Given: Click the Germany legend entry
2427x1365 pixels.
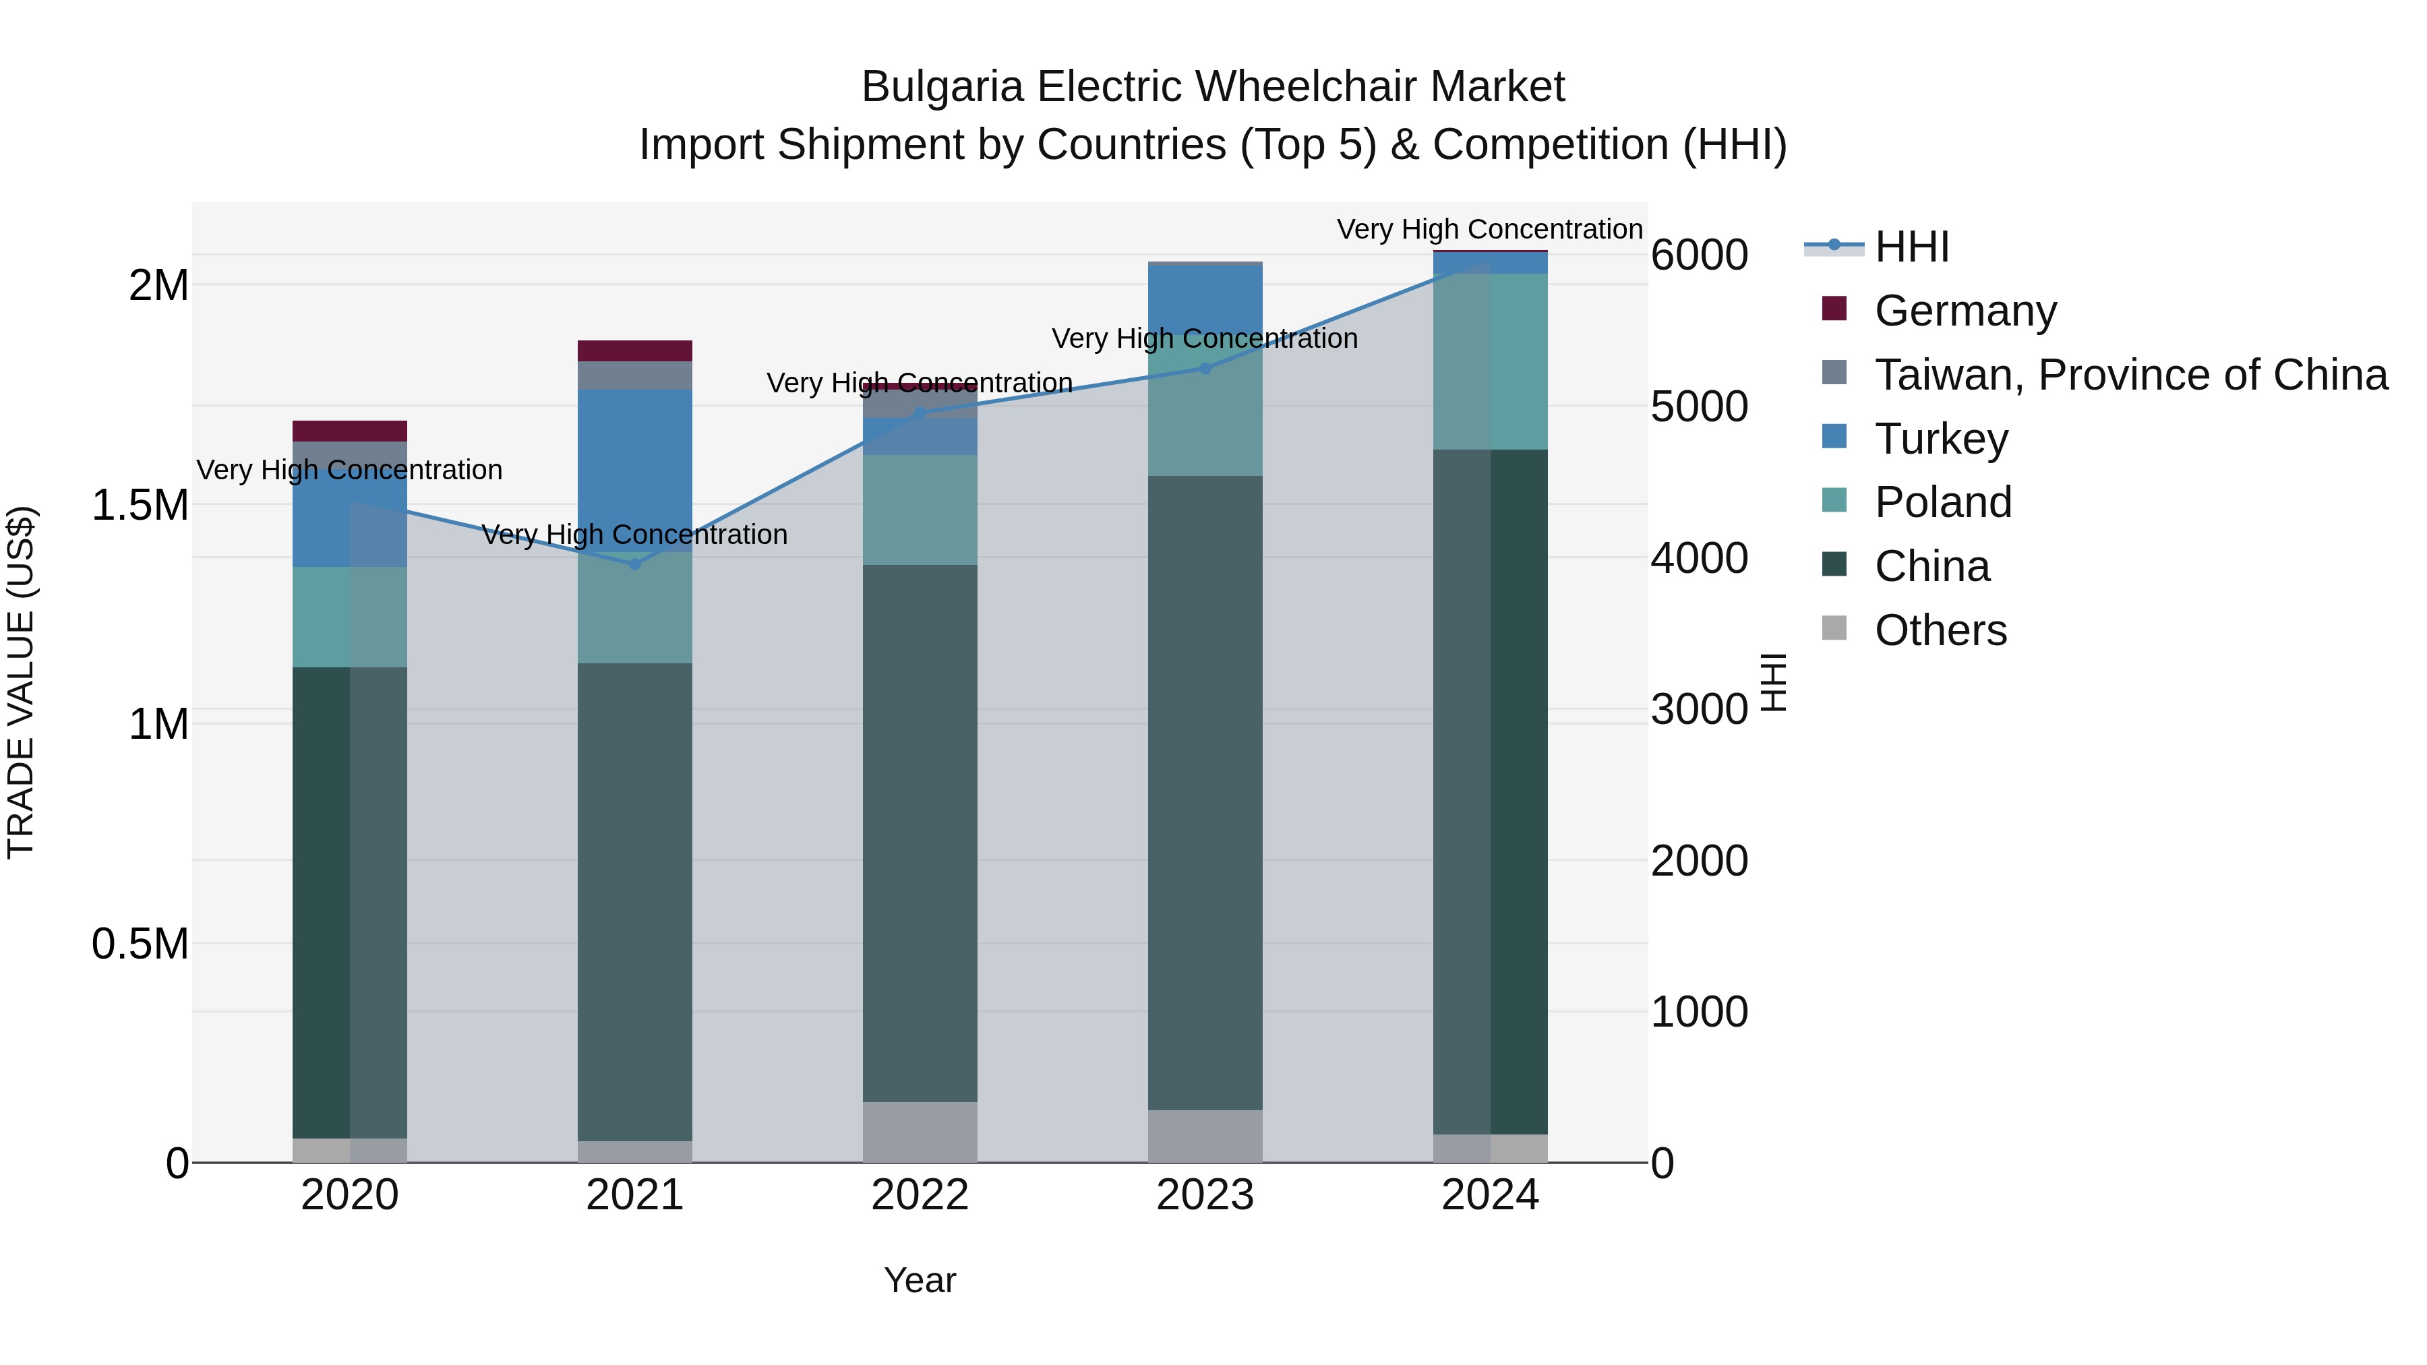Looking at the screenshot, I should tap(1965, 311).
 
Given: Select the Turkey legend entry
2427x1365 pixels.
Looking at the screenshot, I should tap(1941, 439).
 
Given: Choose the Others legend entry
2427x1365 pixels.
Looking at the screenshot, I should tap(1940, 630).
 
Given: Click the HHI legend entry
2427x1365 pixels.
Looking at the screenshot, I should tap(1911, 247).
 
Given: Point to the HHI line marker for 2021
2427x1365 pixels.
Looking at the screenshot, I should tap(635, 564).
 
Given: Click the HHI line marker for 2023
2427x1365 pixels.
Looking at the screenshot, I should tap(1205, 368).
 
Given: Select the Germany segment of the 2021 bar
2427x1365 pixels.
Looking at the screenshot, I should tap(635, 351).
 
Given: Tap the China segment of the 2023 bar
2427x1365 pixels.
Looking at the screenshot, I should tap(1205, 791).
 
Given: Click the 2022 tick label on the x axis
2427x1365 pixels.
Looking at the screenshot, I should tap(920, 1195).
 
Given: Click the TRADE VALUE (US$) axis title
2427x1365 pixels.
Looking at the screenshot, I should tap(21, 682).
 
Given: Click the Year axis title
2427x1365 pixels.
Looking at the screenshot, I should tap(920, 1280).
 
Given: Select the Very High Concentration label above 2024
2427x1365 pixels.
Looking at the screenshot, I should tap(1489, 229).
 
